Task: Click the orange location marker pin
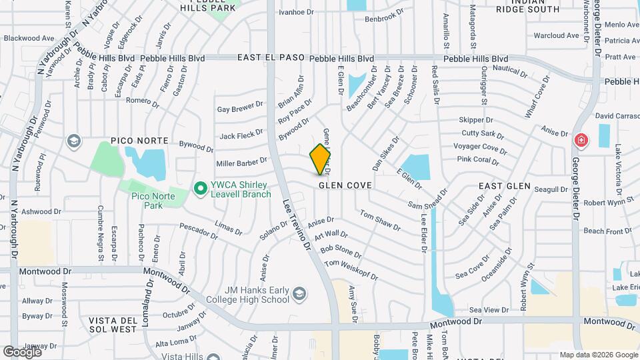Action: point(321,159)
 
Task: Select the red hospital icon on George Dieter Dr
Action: point(581,141)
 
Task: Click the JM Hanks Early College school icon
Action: point(300,294)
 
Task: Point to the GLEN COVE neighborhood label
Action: point(344,186)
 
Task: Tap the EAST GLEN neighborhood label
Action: point(505,186)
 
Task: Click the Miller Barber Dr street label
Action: point(241,162)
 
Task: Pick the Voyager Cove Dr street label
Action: point(475,147)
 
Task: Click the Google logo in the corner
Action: point(23,351)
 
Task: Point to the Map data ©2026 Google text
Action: point(597,355)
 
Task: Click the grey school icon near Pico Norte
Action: point(73,141)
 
